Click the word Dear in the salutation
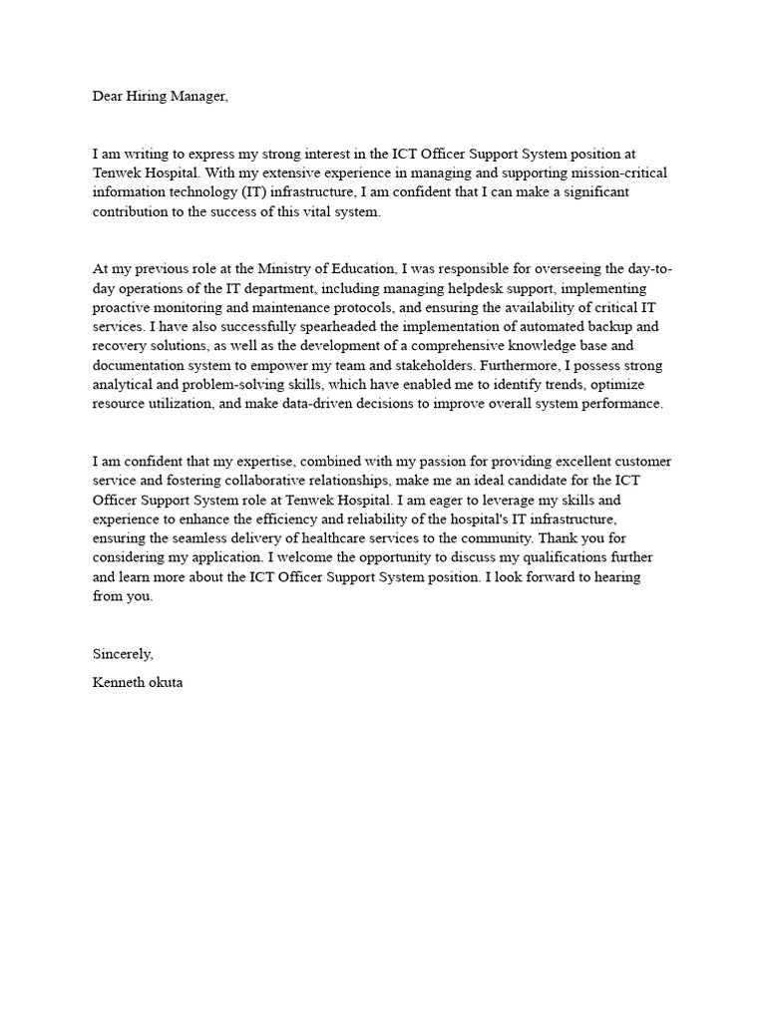click(110, 97)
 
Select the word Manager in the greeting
click(202, 97)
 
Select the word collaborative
click(260, 481)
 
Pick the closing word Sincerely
click(124, 654)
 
